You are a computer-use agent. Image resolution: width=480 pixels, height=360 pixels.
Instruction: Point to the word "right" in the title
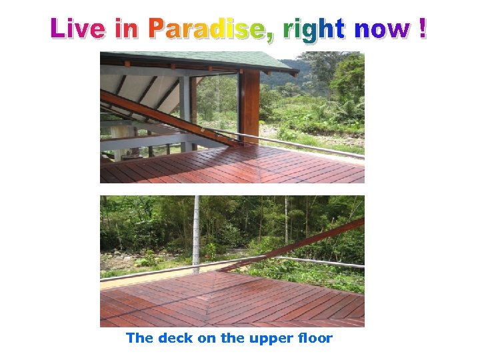tap(314, 29)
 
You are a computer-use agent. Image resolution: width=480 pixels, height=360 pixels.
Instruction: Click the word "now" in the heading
tap(383, 29)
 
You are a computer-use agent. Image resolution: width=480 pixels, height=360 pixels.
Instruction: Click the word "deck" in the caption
tap(176, 338)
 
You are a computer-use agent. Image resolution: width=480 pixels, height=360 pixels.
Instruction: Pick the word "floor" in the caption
tap(315, 338)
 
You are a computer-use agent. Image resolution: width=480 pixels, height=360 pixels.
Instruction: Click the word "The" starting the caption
tap(140, 338)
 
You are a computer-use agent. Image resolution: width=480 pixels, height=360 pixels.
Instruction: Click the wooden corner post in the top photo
tap(249, 107)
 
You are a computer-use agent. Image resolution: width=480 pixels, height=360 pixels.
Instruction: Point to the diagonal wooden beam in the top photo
tap(167, 117)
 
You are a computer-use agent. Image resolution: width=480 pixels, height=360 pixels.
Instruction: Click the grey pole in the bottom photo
tap(196, 233)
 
